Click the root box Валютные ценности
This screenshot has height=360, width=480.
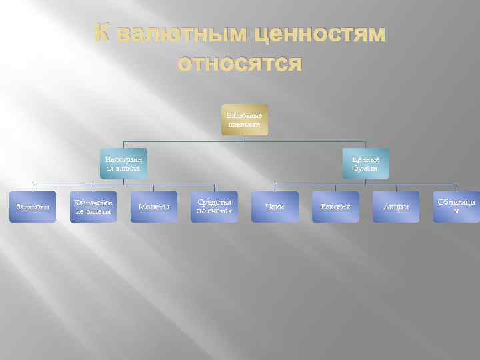click(x=245, y=120)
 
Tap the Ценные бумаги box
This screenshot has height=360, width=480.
click(x=365, y=164)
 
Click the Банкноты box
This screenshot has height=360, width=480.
click(x=32, y=207)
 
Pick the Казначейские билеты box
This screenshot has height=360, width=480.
click(x=93, y=207)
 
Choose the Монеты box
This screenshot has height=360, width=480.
click(x=153, y=207)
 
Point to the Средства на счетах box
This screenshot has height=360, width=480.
click(x=214, y=207)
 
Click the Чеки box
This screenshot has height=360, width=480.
click(x=275, y=207)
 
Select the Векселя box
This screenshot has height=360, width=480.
click(x=335, y=207)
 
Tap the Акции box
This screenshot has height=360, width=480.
click(x=396, y=207)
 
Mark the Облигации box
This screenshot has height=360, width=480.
click(x=457, y=207)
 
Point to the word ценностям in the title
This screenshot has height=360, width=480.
click(x=319, y=34)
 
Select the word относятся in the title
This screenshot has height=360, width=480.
click(x=239, y=65)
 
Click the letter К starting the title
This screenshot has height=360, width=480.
click(x=101, y=34)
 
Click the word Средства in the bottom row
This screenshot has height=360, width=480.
click(x=214, y=202)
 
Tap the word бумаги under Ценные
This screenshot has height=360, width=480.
click(x=365, y=169)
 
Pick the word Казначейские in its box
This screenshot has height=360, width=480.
click(x=93, y=202)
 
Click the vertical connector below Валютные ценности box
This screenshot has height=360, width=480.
click(x=245, y=138)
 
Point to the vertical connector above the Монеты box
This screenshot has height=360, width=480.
click(x=153, y=186)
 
